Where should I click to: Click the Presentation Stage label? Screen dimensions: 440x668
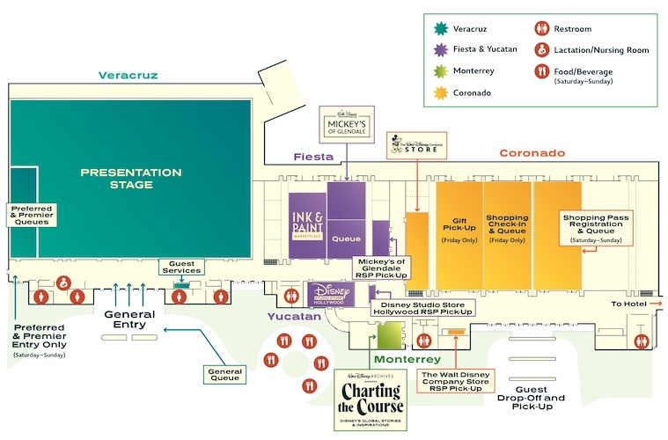[x=116, y=179]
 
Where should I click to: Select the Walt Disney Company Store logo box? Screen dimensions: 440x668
[x=415, y=147]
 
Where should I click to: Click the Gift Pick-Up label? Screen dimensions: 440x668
[x=459, y=227]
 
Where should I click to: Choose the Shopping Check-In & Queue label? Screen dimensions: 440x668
[x=507, y=227]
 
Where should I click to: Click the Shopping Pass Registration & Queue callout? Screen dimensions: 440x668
[x=595, y=227]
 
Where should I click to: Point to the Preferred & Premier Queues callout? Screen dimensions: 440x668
[x=31, y=216]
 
